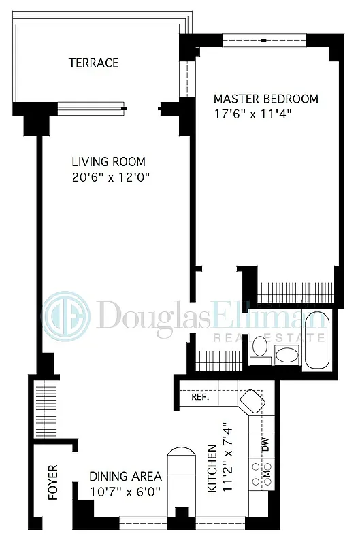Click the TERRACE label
[x=94, y=63]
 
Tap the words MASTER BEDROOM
[x=265, y=99]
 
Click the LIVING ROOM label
[x=109, y=162]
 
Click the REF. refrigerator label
[x=199, y=397]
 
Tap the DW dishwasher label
[x=265, y=445]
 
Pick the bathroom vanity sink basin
[x=287, y=354]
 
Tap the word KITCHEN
[x=212, y=469]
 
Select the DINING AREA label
[x=125, y=476]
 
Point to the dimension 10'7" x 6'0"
[x=125, y=492]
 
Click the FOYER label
[x=53, y=482]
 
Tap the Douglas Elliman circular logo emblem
[x=66, y=315]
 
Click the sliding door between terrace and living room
[x=93, y=107]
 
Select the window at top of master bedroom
[x=263, y=41]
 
